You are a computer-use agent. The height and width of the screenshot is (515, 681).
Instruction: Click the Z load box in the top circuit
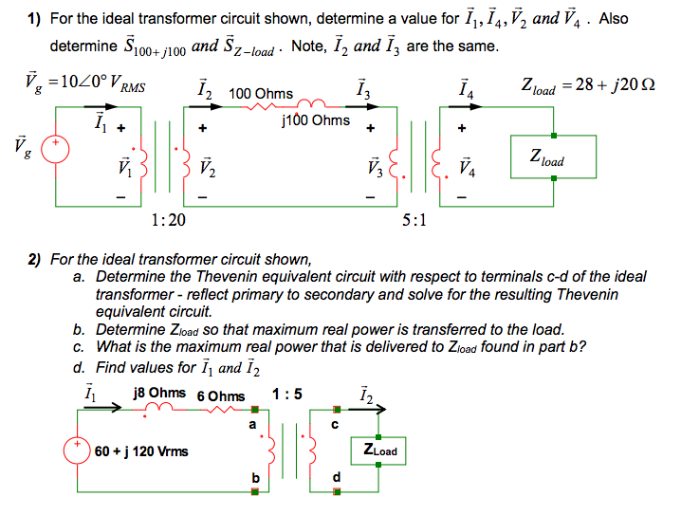(553, 157)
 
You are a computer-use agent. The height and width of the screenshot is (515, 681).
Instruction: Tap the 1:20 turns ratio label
(168, 220)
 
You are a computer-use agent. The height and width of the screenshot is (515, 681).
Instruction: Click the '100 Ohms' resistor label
(261, 94)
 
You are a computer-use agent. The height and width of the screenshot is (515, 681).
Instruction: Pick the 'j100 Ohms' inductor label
(316, 120)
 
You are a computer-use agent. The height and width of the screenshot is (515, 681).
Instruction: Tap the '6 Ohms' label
(220, 395)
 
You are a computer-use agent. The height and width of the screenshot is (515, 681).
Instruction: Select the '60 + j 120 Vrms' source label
(141, 451)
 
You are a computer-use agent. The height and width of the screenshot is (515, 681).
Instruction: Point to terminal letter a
(252, 423)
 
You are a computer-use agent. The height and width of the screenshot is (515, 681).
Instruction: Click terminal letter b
(253, 476)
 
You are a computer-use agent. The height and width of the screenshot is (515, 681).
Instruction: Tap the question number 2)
(33, 259)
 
